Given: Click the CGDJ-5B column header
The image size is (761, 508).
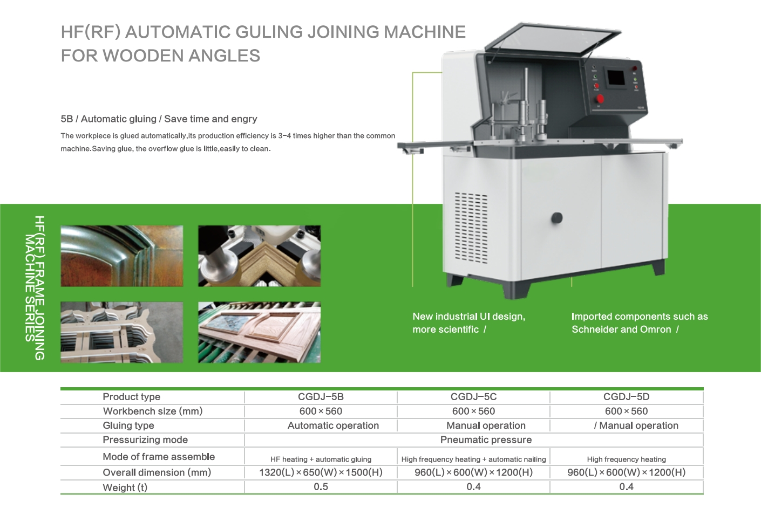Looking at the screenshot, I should [321, 397].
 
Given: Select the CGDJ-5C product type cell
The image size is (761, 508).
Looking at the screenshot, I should [473, 397].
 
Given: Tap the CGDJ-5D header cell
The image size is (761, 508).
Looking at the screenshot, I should [626, 397].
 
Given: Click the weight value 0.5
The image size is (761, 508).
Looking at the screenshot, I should [321, 487].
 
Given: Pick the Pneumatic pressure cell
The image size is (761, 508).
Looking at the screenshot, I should [486, 440].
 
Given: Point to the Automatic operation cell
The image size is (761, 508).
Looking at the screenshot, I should [333, 425].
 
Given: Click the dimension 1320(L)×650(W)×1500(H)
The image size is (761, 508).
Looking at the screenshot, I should [321, 472].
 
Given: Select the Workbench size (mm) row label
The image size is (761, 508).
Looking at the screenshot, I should [153, 411].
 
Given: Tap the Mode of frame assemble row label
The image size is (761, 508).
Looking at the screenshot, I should [159, 457].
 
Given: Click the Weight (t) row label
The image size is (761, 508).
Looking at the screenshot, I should [125, 488].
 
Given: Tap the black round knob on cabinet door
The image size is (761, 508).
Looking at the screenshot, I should [556, 218].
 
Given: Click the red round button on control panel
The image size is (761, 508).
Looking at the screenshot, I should [600, 99].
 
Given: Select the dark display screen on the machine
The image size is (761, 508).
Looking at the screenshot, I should [616, 78].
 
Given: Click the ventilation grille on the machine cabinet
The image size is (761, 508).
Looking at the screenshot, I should [471, 228].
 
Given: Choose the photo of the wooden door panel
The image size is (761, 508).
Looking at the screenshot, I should [259, 332].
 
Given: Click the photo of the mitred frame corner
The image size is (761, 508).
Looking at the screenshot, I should [259, 256].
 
